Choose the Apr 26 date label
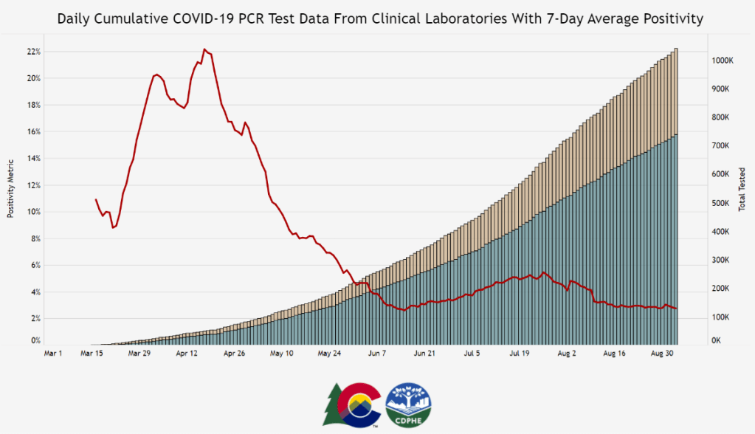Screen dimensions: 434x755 [x=235, y=354]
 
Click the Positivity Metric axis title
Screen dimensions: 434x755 [x=11, y=188]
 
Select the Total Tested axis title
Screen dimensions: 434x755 [x=742, y=190]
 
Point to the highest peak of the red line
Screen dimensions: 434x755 [x=204, y=49]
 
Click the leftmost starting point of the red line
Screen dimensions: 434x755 [x=96, y=199]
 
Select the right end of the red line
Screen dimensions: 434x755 [x=677, y=309]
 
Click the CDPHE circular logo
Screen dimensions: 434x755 [x=409, y=404]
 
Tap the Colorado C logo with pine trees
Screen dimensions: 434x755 [x=352, y=404]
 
